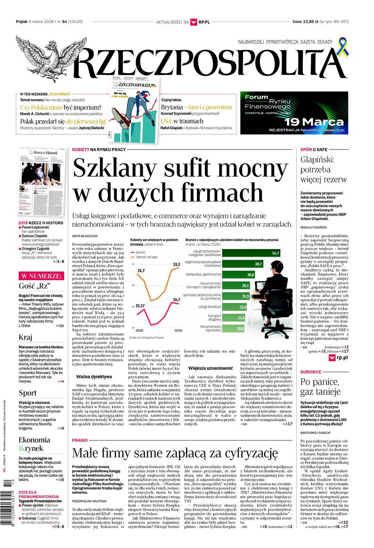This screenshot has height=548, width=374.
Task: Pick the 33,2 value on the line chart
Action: [x=176, y=265]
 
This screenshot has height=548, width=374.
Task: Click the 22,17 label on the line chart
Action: [x=140, y=306]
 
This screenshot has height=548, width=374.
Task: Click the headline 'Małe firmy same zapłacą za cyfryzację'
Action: [x=175, y=453]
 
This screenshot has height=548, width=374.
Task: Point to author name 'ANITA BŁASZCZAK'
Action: [x=85, y=235]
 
